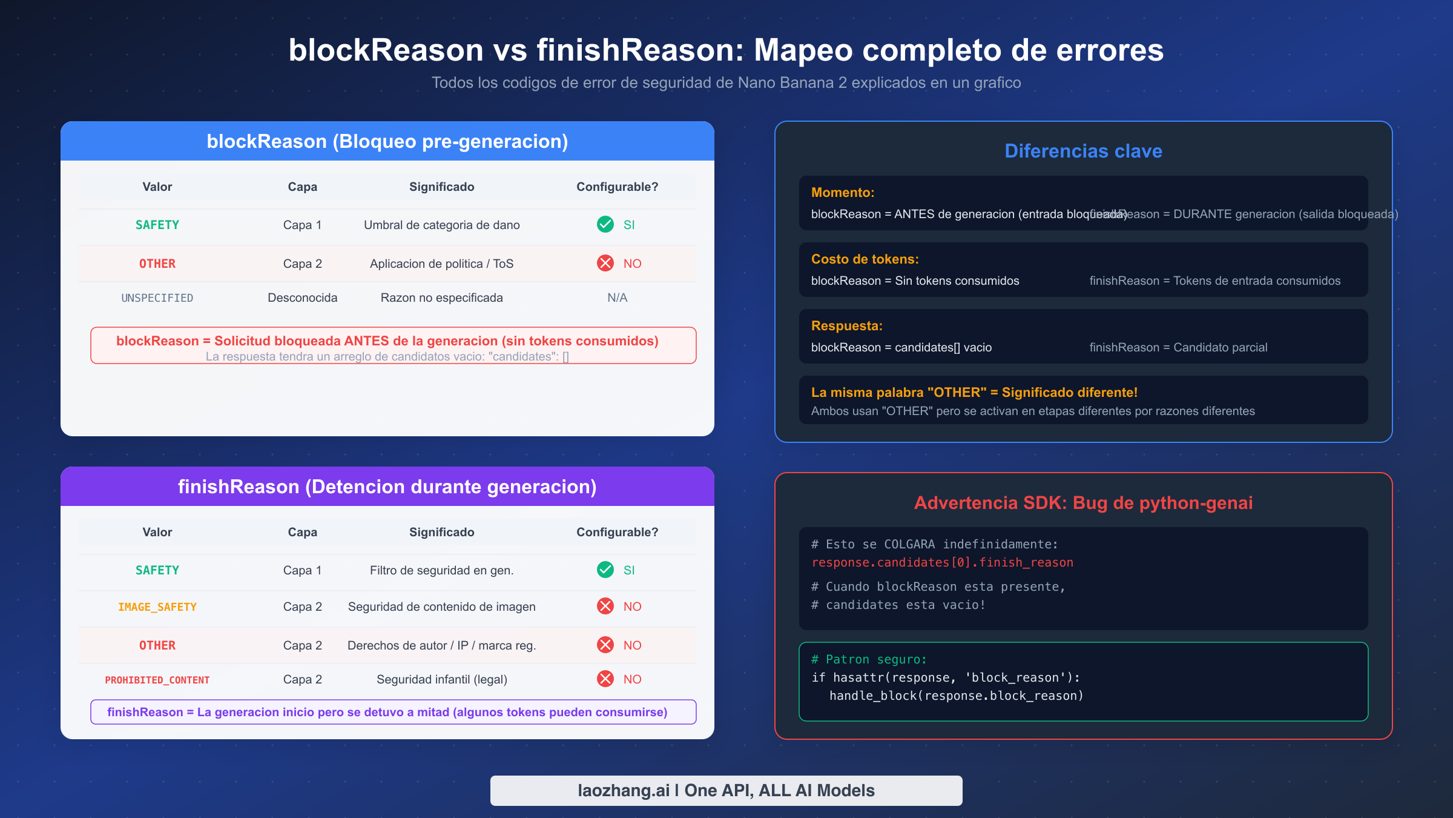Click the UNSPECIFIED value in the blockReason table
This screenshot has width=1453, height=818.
[x=157, y=298]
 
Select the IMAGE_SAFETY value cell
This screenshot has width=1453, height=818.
[x=157, y=607]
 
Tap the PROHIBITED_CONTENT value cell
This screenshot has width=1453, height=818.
[x=157, y=680]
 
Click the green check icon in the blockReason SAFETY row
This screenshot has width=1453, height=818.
[x=605, y=225]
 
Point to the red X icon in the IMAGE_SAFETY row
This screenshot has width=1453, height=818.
[x=605, y=607]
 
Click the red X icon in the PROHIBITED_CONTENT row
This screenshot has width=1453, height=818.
[x=605, y=679]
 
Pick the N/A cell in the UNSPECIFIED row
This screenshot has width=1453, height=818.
[x=618, y=298]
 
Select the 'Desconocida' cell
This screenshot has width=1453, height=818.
[x=303, y=298]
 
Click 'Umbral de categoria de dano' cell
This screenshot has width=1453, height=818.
[x=442, y=225]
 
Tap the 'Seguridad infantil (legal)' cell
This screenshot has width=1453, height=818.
[x=442, y=680]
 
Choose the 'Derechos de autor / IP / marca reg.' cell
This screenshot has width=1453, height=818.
[x=442, y=646]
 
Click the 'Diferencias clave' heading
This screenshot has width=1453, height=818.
[x=1084, y=151]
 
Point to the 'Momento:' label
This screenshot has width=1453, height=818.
[x=843, y=193]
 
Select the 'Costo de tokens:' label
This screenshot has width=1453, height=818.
[x=865, y=259]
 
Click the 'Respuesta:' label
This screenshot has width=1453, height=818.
[x=847, y=326]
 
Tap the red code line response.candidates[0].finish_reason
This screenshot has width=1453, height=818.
[x=943, y=563]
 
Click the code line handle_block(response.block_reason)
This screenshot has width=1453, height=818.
[x=957, y=696]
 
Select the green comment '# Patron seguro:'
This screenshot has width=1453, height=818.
[x=869, y=660]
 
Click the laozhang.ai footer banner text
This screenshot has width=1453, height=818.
[x=726, y=791]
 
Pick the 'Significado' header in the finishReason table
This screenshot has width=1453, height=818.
[x=442, y=533]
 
